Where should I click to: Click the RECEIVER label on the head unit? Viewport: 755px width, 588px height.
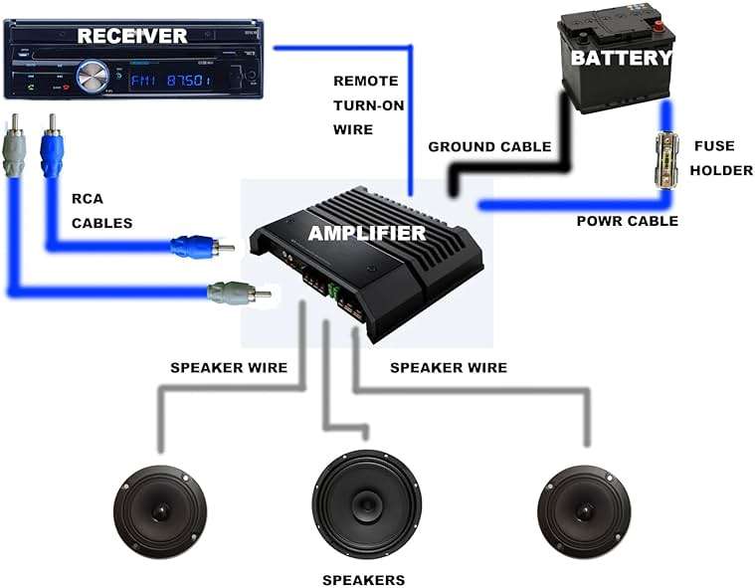(x=132, y=36)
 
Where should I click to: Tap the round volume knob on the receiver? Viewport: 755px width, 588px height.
(x=93, y=77)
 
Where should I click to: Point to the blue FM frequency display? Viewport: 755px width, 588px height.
(x=171, y=80)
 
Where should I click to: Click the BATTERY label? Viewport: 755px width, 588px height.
(x=621, y=58)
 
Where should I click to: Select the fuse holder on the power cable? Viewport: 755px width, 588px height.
(x=667, y=161)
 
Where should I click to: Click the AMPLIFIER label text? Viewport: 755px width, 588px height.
(x=367, y=233)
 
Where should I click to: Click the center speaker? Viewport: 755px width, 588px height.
(x=367, y=504)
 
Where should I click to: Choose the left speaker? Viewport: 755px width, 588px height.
(x=160, y=512)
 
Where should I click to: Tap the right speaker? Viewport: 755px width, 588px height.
(x=584, y=512)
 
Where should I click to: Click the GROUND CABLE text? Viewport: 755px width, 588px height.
(x=489, y=147)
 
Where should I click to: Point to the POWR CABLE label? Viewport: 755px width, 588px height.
(x=628, y=221)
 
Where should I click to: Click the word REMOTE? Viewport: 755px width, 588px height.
(x=366, y=81)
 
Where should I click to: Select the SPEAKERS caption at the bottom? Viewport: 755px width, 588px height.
(x=363, y=580)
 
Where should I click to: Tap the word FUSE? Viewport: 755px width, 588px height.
(x=714, y=146)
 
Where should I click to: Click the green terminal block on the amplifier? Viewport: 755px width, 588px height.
(x=333, y=291)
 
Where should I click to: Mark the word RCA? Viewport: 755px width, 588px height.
(x=88, y=199)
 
